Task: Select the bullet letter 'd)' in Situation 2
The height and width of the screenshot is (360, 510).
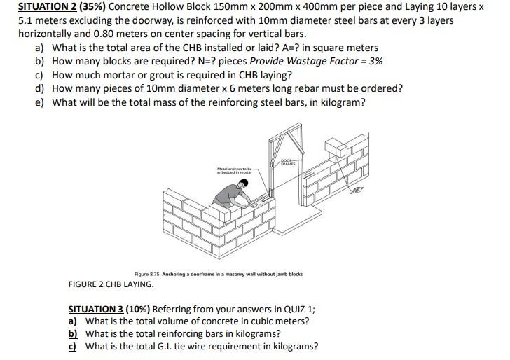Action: point(40,88)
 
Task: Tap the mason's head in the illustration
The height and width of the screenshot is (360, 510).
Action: point(243,184)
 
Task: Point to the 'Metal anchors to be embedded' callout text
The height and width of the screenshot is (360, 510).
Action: point(233,170)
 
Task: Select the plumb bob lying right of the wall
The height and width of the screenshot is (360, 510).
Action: point(359,190)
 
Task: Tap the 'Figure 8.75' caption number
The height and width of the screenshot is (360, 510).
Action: point(146,274)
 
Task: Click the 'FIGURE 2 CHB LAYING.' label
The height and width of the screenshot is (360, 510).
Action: point(111,284)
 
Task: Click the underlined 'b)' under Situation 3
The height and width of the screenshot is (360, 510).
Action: point(72,333)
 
